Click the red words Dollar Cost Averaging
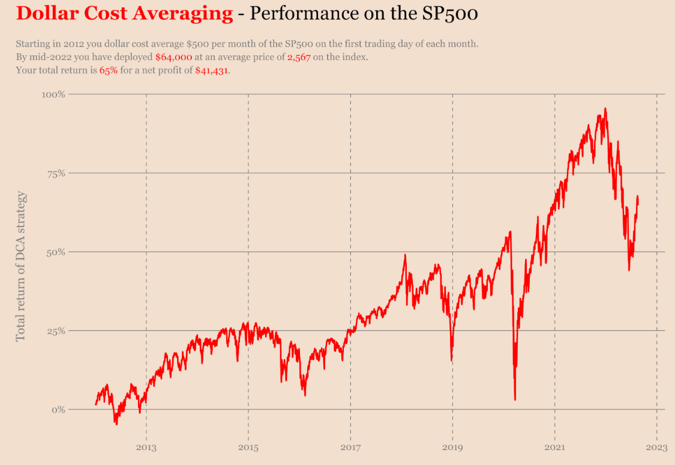124,13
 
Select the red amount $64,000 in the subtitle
173,58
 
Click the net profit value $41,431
212,71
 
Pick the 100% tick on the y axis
53,95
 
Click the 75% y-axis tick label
55,173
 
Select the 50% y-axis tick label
55,252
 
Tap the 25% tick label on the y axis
55,331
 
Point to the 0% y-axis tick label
58,410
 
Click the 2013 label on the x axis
146,447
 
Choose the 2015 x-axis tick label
248,447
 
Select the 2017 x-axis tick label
350,447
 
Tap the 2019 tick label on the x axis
452,447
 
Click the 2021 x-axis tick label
554,447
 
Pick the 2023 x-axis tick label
656,447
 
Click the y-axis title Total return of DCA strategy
21,266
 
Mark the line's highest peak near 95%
605,109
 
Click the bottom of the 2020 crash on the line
515,399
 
